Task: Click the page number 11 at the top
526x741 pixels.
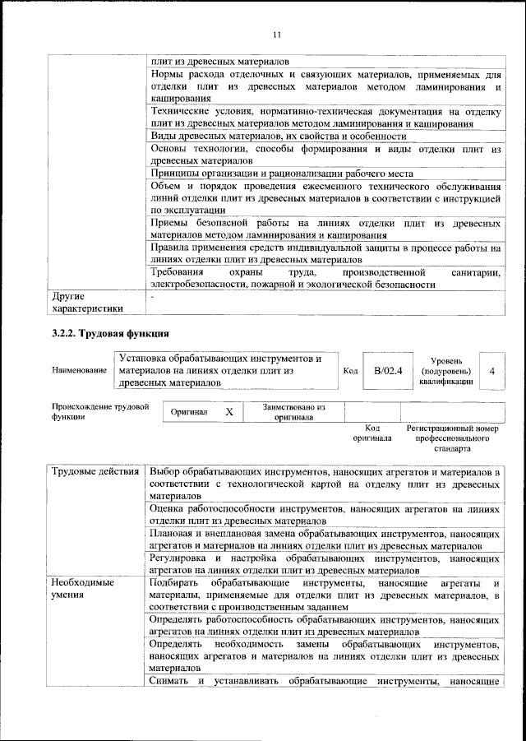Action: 276,34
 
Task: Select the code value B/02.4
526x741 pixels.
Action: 387,371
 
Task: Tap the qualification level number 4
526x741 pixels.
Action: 491,371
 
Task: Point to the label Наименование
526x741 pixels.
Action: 79,371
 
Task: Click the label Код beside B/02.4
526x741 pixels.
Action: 350,371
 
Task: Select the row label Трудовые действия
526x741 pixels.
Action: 95,472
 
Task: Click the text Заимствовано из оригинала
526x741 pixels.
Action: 293,411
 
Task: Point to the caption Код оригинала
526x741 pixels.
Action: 371,433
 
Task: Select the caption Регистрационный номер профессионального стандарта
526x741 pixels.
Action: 452,439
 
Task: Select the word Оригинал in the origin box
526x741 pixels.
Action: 188,411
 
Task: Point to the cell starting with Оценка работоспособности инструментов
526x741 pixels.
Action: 325,515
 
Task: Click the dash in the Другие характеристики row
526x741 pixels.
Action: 153,295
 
